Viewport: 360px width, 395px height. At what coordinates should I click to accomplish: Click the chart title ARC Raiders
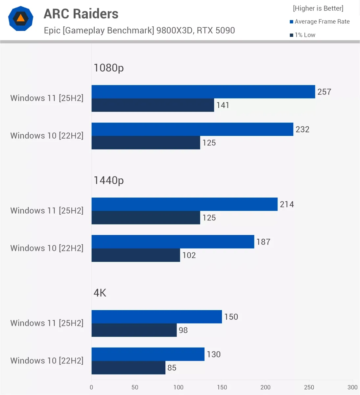point(81,14)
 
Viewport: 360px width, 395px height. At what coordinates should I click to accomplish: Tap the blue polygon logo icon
point(21,18)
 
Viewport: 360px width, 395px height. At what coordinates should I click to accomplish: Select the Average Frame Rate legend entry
point(320,22)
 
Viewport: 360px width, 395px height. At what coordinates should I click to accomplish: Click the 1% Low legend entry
point(302,35)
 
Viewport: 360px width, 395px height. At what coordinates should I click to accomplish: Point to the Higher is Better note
point(318,8)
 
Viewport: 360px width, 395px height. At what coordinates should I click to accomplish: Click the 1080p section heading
point(108,68)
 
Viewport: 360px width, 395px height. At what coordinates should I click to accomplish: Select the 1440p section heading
point(108,180)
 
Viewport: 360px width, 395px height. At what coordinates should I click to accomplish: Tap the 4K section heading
point(100,293)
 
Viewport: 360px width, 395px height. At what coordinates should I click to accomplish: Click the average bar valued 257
point(203,92)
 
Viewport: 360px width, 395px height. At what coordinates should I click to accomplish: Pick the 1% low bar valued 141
point(153,105)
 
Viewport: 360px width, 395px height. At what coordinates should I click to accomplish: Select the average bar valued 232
point(192,129)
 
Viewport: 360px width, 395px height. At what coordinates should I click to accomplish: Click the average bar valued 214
point(184,204)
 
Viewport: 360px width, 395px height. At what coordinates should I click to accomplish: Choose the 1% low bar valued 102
point(136,255)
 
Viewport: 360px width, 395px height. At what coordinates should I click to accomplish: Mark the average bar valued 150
point(156,317)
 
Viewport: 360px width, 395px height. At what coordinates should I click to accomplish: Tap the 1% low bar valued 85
point(128,368)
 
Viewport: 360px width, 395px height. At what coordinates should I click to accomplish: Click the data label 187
point(263,242)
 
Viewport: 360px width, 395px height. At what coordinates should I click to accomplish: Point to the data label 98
point(183,330)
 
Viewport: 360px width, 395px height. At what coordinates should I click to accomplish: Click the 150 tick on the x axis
point(222,387)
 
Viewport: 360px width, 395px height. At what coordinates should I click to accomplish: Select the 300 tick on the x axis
point(352,387)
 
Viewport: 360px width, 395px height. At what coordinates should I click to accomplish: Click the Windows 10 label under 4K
point(47,361)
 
